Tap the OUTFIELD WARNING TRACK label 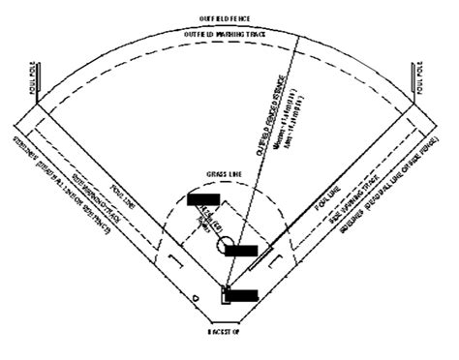pos(228,35)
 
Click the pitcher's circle pos(224,248)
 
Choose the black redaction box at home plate pos(241,294)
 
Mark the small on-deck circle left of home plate pos(194,294)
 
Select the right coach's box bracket pos(277,260)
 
